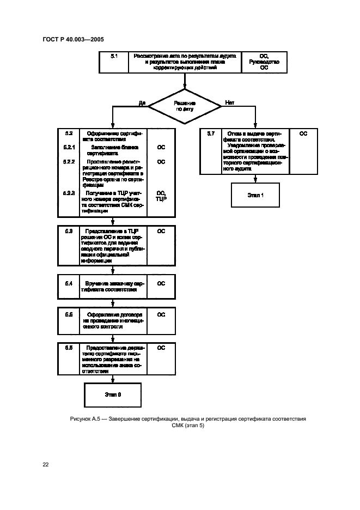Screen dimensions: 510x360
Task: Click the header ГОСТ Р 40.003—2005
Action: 73,39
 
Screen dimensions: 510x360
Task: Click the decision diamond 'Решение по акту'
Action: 185,105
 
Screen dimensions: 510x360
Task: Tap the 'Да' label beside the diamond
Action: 142,102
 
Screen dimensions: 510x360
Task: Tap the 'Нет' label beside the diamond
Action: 230,102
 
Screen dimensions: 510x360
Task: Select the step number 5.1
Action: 114,56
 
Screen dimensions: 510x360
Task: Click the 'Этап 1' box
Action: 255,195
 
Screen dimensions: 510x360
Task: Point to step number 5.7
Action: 211,133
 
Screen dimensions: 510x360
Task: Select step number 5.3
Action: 69,232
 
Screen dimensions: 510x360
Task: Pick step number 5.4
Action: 69,284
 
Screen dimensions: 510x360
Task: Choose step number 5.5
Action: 69,315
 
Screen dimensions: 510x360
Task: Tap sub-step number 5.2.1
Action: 69,147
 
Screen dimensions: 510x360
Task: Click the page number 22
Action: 46,464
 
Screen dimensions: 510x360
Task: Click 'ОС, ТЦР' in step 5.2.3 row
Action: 161,196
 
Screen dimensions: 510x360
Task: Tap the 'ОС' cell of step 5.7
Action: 303,133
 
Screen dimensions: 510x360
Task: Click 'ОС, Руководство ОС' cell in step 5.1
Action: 264,62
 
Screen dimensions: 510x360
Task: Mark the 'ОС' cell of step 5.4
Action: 161,284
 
